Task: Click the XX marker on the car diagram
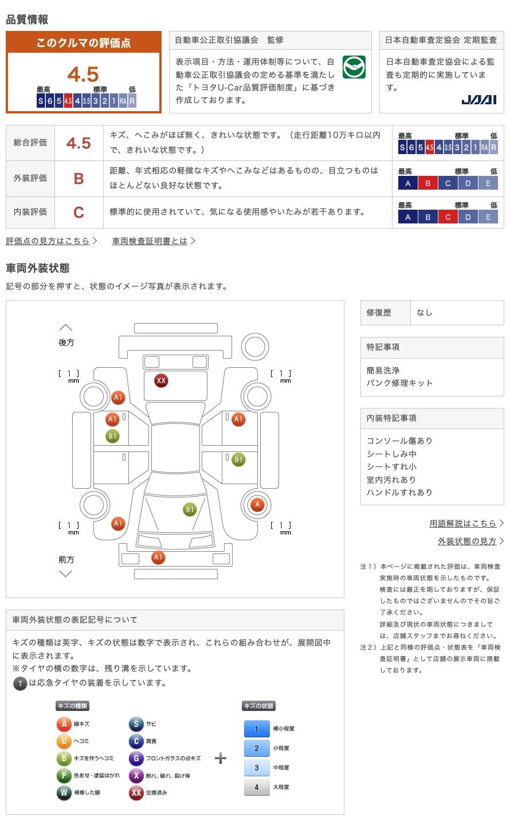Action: pyautogui.click(x=161, y=380)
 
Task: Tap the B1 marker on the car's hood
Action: pyautogui.click(x=190, y=509)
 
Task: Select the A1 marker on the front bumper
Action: pyautogui.click(x=158, y=557)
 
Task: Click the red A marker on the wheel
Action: pyautogui.click(x=257, y=505)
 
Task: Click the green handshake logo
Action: pyautogui.click(x=354, y=68)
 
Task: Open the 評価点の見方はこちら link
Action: pyautogui.click(x=48, y=241)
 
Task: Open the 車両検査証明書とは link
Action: pyautogui.click(x=150, y=241)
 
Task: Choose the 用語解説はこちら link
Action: pyautogui.click(x=462, y=523)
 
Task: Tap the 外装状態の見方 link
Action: pyautogui.click(x=467, y=541)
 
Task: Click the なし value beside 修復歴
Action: pyautogui.click(x=425, y=313)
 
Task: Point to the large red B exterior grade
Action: pyautogui.click(x=79, y=179)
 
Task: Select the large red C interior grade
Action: pyautogui.click(x=79, y=213)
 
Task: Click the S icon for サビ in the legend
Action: pyautogui.click(x=136, y=724)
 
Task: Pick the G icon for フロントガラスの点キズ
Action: pyautogui.click(x=136, y=759)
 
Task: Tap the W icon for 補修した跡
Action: pyautogui.click(x=64, y=793)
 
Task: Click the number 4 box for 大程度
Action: pyautogui.click(x=256, y=787)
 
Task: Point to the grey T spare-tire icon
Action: pyautogui.click(x=20, y=683)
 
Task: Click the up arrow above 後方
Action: pyautogui.click(x=66, y=328)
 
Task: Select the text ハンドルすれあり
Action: pyautogui.click(x=399, y=493)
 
